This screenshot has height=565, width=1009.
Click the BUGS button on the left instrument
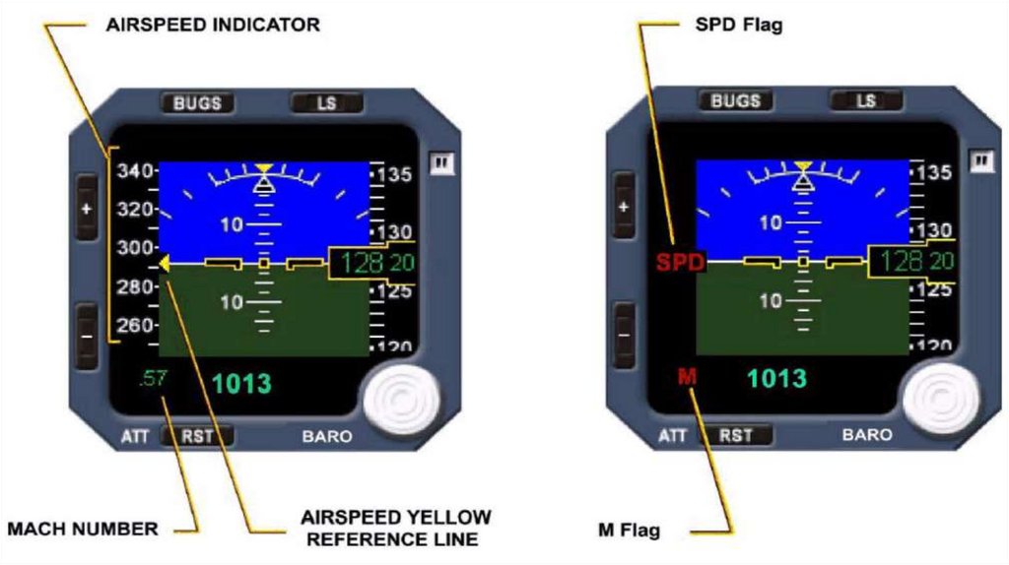coord(197,102)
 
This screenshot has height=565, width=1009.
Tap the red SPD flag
coord(675,263)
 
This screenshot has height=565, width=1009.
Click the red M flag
coord(688,375)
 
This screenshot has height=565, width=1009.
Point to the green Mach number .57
coord(153,379)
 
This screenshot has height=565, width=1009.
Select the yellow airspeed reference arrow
coord(165,263)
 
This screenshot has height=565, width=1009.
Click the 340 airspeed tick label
coord(135,171)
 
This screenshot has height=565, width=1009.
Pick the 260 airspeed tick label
coord(135,325)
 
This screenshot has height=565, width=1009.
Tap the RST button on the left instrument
coord(197,436)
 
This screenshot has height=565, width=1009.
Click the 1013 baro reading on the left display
coord(241,382)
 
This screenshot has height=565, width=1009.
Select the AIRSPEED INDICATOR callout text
coord(213,25)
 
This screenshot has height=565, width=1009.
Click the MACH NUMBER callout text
coord(82,530)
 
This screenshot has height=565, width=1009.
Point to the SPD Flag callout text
coord(739,26)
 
